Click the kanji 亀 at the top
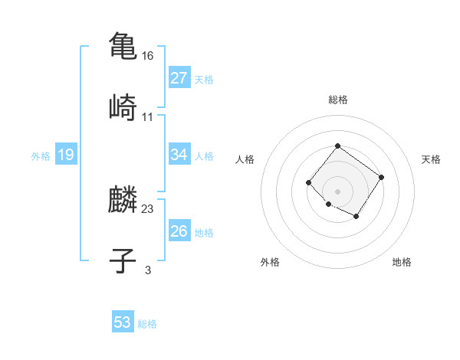coord(123,44)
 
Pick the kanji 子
coord(123,260)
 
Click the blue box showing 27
coord(179,78)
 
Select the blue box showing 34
coord(179,155)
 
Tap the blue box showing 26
coord(179,231)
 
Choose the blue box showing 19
coord(66,155)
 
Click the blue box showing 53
coord(123,322)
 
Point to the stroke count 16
coord(148,56)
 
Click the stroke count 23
coord(148,209)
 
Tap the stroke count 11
coord(148,117)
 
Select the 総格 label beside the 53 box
coord(147,324)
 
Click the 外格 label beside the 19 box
coord(41,156)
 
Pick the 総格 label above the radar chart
coord(337,100)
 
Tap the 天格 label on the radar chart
coord(431,159)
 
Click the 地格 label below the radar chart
coord(402,262)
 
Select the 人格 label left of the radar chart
coord(245,159)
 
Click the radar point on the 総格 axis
coord(337,146)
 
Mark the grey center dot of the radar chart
coord(337,191)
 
